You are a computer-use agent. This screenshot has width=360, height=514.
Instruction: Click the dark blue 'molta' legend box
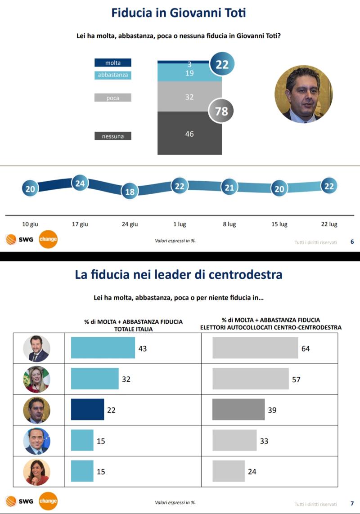point(112,63)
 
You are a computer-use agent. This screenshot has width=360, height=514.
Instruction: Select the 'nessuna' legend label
point(112,136)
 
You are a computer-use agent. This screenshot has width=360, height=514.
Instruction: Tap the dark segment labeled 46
point(189,134)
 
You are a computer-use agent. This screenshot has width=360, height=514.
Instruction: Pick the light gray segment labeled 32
point(189,97)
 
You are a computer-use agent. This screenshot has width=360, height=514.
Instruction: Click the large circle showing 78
point(221,111)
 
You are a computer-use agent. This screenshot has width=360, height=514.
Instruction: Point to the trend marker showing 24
point(80,183)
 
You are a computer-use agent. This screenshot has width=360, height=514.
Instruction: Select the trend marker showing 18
point(130,192)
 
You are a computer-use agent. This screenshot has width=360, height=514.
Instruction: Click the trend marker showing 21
point(229,188)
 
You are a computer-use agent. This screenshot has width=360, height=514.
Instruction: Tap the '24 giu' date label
point(130,224)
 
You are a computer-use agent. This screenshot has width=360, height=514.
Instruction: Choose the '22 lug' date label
point(330,224)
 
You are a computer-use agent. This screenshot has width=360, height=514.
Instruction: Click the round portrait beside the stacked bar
point(303,94)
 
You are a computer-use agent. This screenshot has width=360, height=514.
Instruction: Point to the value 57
point(296,380)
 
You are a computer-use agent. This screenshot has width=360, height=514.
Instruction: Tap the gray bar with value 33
point(234,441)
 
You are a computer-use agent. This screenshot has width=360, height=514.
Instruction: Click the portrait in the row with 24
point(36,472)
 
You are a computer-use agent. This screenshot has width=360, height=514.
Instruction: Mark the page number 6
point(352,242)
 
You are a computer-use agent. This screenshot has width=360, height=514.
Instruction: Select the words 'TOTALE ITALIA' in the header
point(133,329)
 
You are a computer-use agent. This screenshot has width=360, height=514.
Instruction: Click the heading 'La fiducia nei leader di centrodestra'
point(179,275)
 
